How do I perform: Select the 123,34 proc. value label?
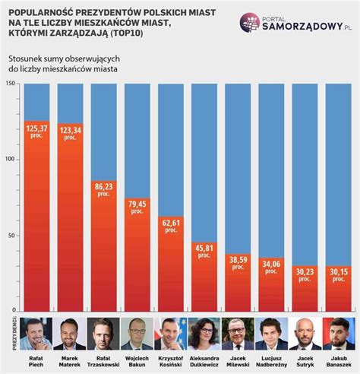click(x=70, y=134)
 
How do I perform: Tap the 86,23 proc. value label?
click(x=104, y=189)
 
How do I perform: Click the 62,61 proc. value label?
click(x=171, y=227)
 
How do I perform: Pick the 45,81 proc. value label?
click(x=204, y=251)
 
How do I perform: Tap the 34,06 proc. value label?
click(x=271, y=268)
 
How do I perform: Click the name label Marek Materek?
click(x=70, y=361)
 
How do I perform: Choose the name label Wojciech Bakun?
click(x=137, y=361)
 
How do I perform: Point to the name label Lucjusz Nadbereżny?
click(x=271, y=361)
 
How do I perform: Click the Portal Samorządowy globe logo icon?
click(x=251, y=22)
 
